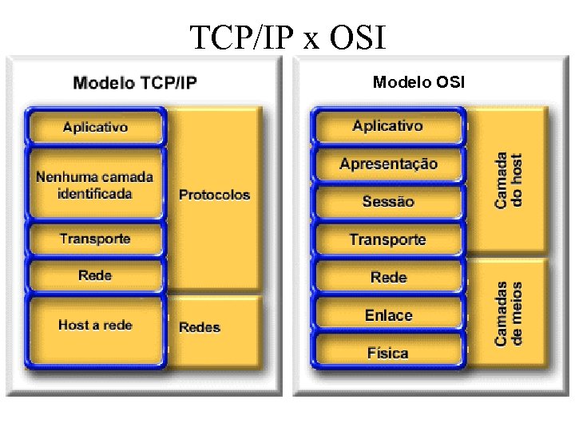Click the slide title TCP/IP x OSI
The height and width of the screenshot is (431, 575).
[x=287, y=37]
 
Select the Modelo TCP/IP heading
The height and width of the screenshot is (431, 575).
[x=135, y=82]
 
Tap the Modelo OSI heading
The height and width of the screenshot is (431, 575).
[x=418, y=82]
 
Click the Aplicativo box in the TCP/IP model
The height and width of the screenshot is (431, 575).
[x=96, y=127]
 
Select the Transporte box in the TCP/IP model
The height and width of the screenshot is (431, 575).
[x=95, y=239]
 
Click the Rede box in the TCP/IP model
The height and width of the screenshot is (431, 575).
[x=95, y=276]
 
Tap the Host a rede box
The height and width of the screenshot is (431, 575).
[x=95, y=326]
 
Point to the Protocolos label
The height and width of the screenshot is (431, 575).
[x=214, y=195]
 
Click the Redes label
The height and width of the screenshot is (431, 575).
[x=200, y=327]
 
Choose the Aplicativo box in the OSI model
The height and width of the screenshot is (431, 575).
[x=388, y=126]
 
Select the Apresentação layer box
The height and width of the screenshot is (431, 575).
[x=388, y=164]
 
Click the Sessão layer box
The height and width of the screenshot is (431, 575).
[x=388, y=202]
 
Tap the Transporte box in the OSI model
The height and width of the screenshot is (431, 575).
[x=388, y=239]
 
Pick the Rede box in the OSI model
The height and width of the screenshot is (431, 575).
[x=388, y=278]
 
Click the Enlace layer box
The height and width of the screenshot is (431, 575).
[x=388, y=315]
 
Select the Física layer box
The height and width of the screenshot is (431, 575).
[x=388, y=353]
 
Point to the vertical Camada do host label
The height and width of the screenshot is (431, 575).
[x=508, y=180]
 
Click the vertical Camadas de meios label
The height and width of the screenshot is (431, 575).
[x=508, y=313]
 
